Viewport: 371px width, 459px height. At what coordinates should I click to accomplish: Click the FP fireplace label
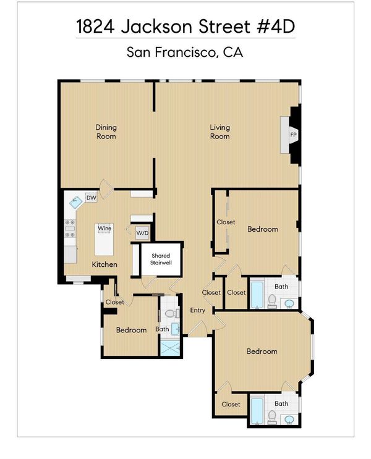pyautogui.click(x=293, y=135)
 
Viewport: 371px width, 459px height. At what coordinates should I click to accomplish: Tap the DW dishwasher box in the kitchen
pyautogui.click(x=91, y=198)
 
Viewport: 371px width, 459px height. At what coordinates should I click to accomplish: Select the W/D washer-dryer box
pyautogui.click(x=142, y=234)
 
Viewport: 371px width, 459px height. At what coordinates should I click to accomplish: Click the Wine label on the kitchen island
pyautogui.click(x=104, y=228)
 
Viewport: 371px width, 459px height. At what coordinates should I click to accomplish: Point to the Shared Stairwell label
pyautogui.click(x=161, y=259)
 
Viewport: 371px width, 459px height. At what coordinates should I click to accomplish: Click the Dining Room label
pyautogui.click(x=106, y=132)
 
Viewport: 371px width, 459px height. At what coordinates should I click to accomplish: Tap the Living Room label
pyautogui.click(x=220, y=132)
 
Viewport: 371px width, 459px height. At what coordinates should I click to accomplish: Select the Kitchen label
pyautogui.click(x=104, y=264)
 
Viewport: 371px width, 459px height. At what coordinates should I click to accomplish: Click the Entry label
pyautogui.click(x=197, y=310)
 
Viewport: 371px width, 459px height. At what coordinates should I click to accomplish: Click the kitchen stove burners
pyautogui.click(x=70, y=229)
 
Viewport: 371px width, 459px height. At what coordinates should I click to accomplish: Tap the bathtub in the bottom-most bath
pyautogui.click(x=257, y=411)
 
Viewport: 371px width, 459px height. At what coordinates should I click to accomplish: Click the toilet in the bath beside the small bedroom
pyautogui.click(x=173, y=314)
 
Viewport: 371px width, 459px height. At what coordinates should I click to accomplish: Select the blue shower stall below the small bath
pyautogui.click(x=170, y=348)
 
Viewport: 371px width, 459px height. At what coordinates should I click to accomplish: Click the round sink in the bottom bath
pyautogui.click(x=289, y=419)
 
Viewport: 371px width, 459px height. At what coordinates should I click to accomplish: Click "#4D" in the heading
pyautogui.click(x=276, y=27)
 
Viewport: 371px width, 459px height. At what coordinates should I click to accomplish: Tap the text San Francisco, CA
pyautogui.click(x=185, y=53)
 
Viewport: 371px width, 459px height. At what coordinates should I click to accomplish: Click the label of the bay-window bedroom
pyautogui.click(x=262, y=352)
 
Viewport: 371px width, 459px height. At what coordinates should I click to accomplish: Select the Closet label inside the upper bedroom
pyautogui.click(x=226, y=222)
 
